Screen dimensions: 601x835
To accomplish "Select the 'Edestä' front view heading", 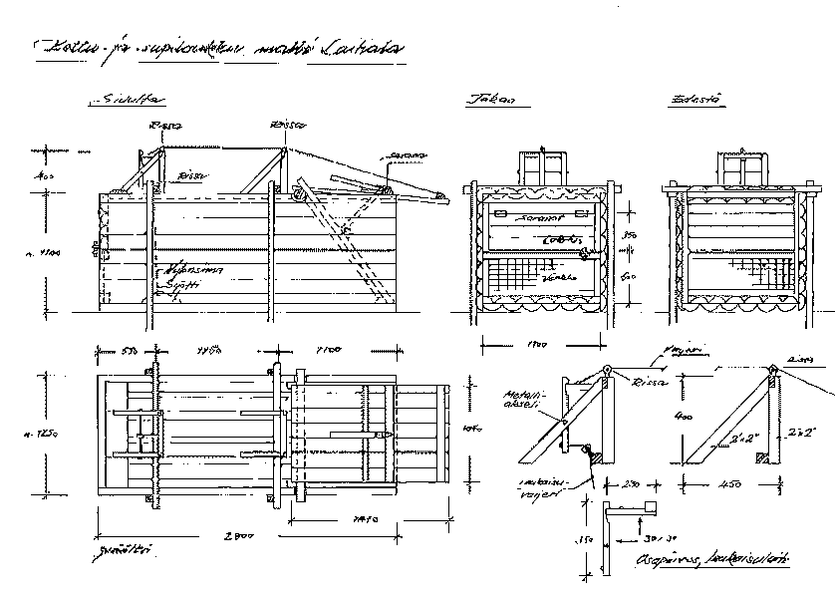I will point(697,100).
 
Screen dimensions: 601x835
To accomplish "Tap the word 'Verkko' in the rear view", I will point(569,277).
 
